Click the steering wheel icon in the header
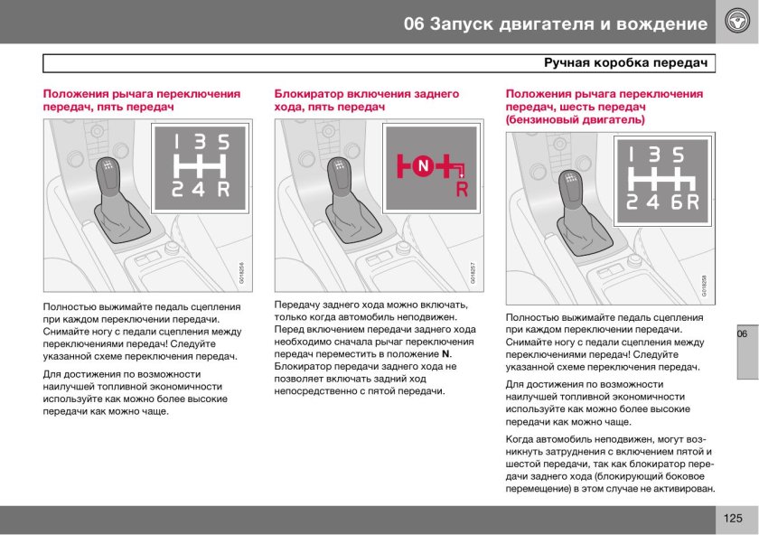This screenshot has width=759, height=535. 736,22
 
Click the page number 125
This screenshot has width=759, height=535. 733,519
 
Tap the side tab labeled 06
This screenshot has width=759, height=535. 742,334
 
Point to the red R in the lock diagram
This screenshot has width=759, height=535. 462,190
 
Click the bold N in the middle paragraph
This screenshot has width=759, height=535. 445,353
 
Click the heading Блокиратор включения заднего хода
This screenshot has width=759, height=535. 366,100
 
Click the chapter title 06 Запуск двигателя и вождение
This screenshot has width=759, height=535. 556,23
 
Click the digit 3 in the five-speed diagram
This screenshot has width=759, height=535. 201,142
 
